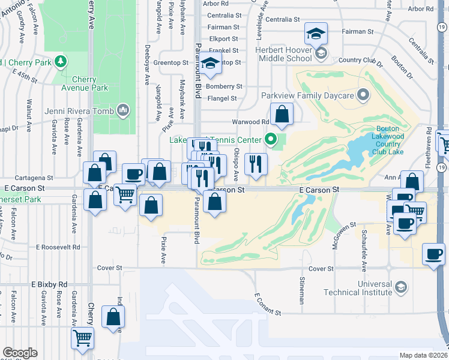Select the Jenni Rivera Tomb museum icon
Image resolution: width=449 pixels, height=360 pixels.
point(124,110)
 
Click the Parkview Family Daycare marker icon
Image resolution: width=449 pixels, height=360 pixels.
point(363,95)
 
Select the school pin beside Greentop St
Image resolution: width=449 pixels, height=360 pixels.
point(211,64)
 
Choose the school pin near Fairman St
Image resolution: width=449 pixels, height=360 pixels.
point(315,34)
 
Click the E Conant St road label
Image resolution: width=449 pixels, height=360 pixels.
point(268,305)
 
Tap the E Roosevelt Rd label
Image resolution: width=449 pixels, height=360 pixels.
point(58,247)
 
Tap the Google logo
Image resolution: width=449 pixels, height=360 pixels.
point(19,353)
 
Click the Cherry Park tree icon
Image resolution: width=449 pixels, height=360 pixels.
point(59,62)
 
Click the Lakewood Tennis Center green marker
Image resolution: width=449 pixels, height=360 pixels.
point(271,141)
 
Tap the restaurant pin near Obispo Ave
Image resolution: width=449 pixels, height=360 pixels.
point(256,164)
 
